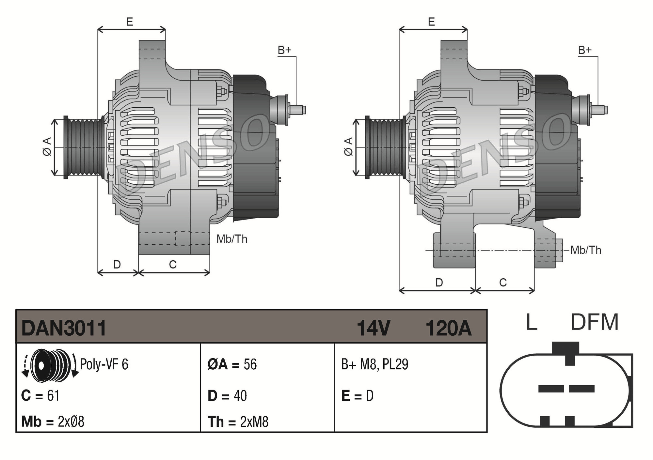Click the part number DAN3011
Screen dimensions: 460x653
click(x=64, y=328)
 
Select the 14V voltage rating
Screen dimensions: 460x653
click(x=373, y=328)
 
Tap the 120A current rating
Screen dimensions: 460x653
click(x=448, y=328)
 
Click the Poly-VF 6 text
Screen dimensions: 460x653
click(x=104, y=364)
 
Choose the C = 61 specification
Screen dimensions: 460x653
click(x=40, y=396)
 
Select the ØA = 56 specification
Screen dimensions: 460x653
click(x=232, y=364)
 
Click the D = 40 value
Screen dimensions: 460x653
click(x=227, y=396)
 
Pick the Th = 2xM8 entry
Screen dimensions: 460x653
click(x=238, y=422)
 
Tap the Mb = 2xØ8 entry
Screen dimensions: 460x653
click(x=53, y=422)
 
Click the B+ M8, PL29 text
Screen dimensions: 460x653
click(x=374, y=364)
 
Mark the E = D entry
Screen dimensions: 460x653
click(x=357, y=396)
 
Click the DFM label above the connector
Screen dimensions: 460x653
click(x=594, y=322)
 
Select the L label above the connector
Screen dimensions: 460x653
click(x=532, y=322)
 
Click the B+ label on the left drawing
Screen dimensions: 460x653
click(x=284, y=50)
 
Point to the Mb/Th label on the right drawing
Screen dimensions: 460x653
click(x=586, y=250)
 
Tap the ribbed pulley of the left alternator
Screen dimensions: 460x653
click(x=83, y=147)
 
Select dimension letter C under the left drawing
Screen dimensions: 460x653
click(x=173, y=264)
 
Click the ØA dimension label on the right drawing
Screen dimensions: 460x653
click(x=348, y=146)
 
